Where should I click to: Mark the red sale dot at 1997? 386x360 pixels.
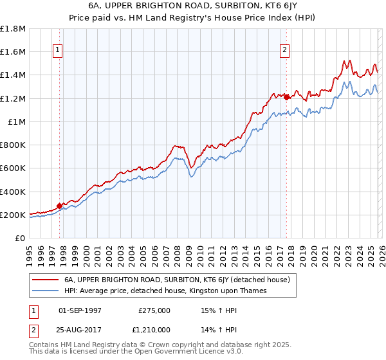(x=60, y=206)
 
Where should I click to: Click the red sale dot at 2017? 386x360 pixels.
(x=286, y=97)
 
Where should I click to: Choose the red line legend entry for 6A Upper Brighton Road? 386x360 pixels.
(x=178, y=280)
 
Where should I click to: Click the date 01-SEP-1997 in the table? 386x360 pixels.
(x=80, y=310)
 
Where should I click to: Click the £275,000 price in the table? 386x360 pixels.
(x=154, y=310)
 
